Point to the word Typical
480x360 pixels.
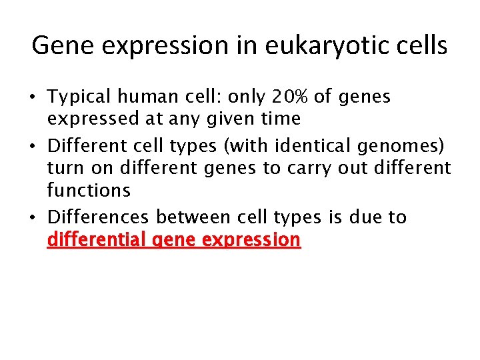click(x=79, y=97)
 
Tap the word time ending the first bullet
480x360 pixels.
click(x=281, y=119)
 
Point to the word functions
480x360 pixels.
click(x=89, y=191)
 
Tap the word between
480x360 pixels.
click(x=199, y=217)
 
